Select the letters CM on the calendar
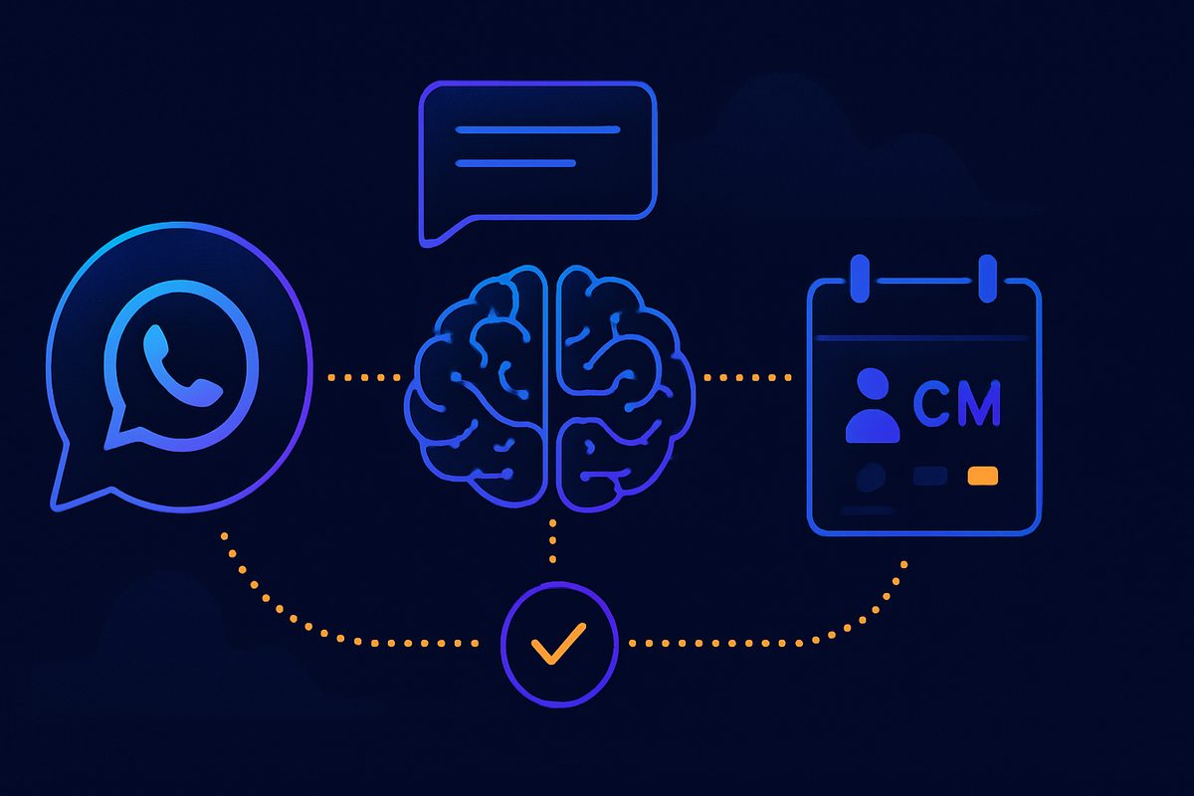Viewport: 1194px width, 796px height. (957, 404)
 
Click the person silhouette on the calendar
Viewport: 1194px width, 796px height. (873, 405)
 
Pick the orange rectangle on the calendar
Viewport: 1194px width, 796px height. (983, 476)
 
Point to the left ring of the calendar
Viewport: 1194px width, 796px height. (860, 279)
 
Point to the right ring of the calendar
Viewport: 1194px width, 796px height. (988, 279)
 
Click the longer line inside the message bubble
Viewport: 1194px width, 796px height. (537, 129)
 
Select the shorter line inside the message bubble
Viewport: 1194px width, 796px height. (515, 163)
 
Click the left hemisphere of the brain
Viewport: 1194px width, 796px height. (477, 386)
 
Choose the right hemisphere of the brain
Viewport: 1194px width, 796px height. (625, 386)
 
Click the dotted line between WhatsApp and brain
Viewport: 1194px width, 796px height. (364, 377)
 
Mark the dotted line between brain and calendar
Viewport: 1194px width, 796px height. (747, 377)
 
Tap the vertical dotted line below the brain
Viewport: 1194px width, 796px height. (553, 540)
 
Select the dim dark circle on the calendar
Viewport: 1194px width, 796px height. (871, 476)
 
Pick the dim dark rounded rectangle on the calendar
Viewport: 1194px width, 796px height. (930, 476)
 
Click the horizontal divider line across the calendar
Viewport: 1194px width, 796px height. (921, 338)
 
